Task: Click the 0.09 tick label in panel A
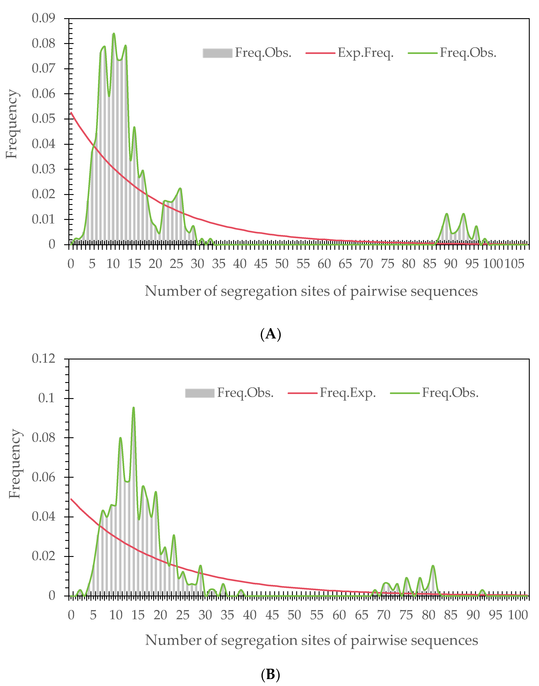(43, 18)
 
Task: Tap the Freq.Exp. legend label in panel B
(348, 393)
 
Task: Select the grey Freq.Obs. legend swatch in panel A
(217, 53)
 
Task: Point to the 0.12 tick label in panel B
(43, 359)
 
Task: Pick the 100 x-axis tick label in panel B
(518, 615)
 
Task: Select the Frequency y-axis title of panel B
(14, 464)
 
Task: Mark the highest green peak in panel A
(114, 33)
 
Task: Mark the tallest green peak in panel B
(133, 408)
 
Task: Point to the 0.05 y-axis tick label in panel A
(43, 119)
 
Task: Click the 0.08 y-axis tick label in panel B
(43, 437)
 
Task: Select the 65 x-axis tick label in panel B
(361, 615)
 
